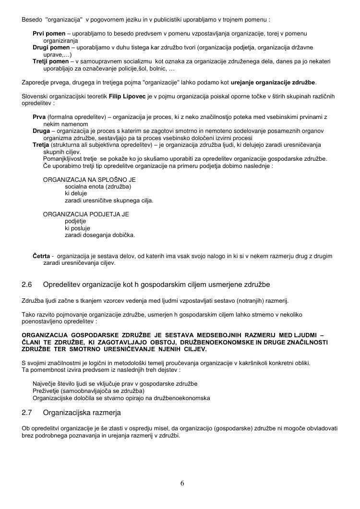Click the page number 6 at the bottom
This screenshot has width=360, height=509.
coord(182,483)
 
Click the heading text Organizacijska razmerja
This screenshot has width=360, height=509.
coord(82,413)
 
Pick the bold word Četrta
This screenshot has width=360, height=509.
coord(41,256)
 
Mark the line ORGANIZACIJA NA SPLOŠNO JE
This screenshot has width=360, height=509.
coord(90,179)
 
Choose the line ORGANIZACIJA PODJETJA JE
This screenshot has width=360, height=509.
coord(86,214)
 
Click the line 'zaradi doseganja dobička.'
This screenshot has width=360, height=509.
coord(100,235)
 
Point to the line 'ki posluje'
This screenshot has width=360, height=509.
coord(77,228)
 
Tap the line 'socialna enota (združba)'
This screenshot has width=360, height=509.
coord(98,187)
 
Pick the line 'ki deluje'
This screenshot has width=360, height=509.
coord(76,193)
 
